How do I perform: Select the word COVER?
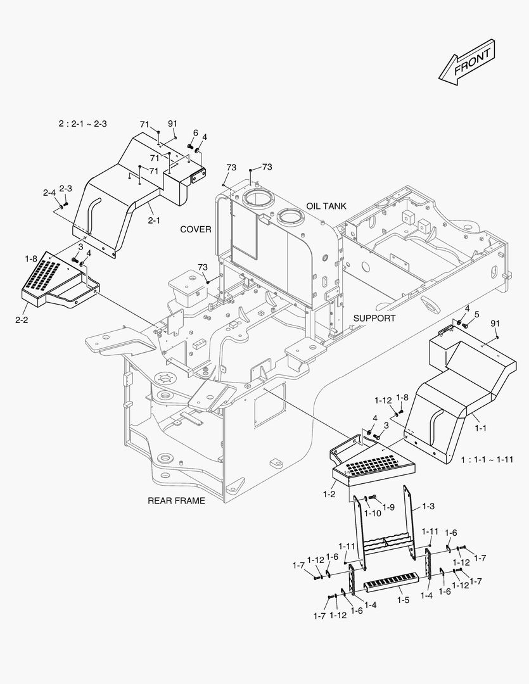pos(196,229)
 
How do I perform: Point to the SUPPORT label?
pos(374,318)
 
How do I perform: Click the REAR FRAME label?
pos(176,500)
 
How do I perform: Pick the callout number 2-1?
pos(154,220)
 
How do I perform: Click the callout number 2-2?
pos(22,320)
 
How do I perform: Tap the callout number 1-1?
pos(481,428)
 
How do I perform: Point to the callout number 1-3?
pos(428,506)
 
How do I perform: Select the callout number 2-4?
pos(49,193)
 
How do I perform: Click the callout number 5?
pos(476,314)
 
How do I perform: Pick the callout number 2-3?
pos(66,188)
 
